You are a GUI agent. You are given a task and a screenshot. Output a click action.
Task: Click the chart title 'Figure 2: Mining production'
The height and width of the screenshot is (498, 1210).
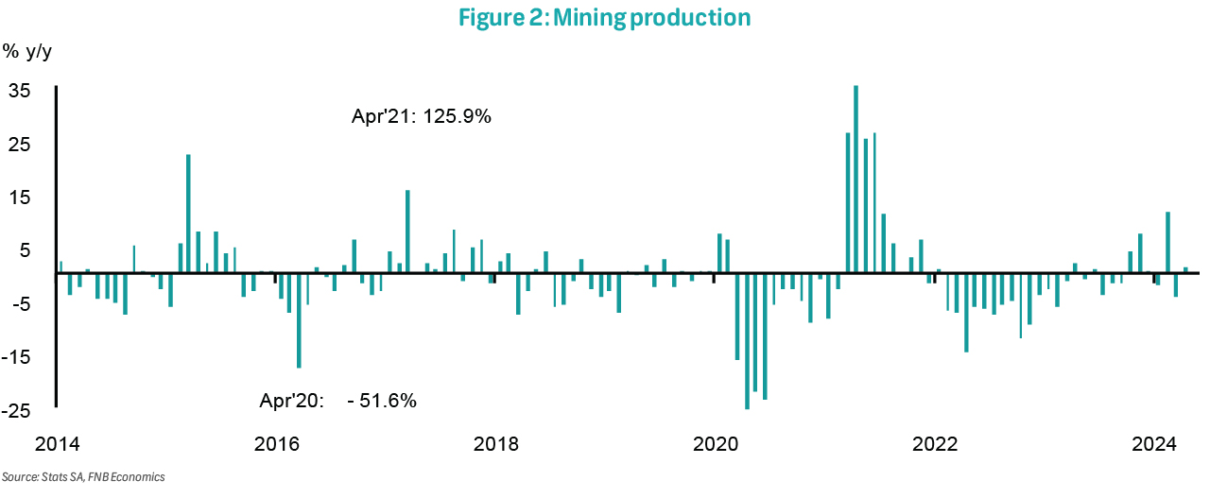[x=605, y=17]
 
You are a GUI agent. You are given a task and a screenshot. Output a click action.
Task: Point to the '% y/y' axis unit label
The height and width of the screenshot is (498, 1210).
[x=27, y=52]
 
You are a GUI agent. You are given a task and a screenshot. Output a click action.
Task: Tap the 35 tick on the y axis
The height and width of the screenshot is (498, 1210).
[x=20, y=91]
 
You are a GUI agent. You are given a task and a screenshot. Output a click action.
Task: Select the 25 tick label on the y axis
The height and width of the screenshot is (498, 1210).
[x=20, y=145]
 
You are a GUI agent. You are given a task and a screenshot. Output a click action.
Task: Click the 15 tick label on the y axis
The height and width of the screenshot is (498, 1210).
[x=20, y=197]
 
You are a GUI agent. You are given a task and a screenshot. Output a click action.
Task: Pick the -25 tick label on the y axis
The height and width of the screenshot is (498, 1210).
[x=17, y=411]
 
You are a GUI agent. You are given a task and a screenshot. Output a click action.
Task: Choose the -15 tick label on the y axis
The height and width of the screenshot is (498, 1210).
[x=17, y=358]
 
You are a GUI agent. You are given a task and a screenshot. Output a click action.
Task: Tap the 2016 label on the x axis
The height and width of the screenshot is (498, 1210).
[x=276, y=444]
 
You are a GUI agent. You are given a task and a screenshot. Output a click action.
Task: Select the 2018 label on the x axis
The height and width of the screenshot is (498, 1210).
[x=494, y=444]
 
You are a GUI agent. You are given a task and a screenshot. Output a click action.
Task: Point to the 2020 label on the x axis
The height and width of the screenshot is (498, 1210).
[x=714, y=444]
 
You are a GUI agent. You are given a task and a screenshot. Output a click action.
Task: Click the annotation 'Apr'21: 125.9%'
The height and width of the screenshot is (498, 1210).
[x=421, y=119]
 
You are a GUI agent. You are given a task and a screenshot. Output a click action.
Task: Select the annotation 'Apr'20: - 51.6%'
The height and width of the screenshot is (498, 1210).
[x=337, y=401]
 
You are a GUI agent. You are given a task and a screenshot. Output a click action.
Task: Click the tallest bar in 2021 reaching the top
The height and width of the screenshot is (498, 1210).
[x=856, y=180]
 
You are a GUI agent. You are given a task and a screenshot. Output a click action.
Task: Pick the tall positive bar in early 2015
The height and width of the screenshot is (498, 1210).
[x=188, y=213]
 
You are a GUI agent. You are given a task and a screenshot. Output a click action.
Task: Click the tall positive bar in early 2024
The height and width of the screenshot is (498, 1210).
[x=1168, y=242]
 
